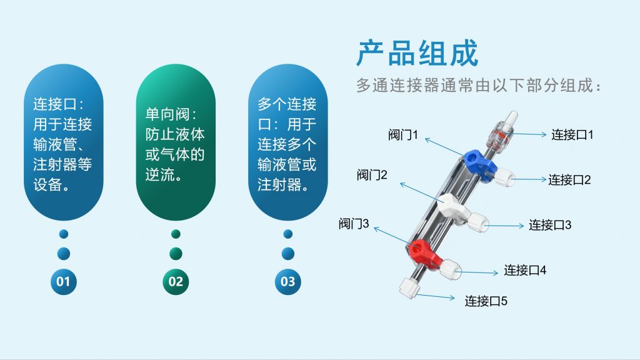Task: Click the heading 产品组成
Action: tap(417, 53)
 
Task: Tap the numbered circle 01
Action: tap(63, 282)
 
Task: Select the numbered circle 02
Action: tap(176, 282)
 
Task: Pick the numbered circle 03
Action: tap(287, 282)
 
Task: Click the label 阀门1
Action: tap(403, 135)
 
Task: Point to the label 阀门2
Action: tap(372, 175)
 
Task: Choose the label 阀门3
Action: tap(354, 224)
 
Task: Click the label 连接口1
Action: tap(572, 135)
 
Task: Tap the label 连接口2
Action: tap(569, 179)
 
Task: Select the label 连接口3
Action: tap(550, 225)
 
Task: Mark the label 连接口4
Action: tap(525, 270)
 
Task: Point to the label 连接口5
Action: tap(486, 301)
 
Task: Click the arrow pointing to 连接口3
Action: tap(505, 226)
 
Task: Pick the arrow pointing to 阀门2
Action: tap(421, 192)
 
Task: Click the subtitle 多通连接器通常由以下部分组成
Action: tap(478, 85)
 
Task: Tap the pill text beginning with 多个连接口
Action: tap(287, 144)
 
